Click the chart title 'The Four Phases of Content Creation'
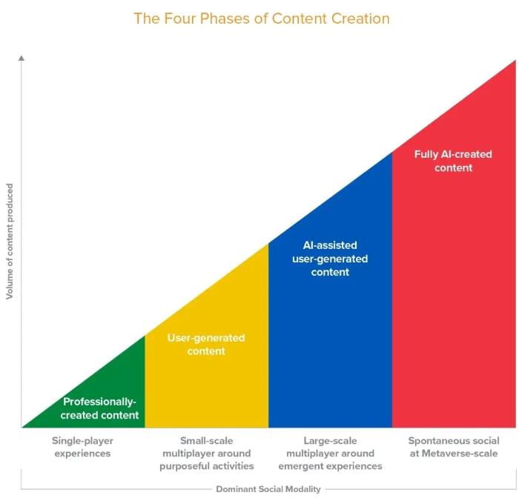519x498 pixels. pyautogui.click(x=261, y=18)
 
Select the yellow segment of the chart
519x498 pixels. pyautogui.click(x=208, y=385)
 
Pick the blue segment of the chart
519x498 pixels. pyautogui.click(x=330, y=348)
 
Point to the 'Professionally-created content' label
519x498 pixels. pyautogui.click(x=100, y=408)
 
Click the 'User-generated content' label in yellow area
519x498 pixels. pyautogui.click(x=206, y=345)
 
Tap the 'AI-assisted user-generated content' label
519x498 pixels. pyautogui.click(x=330, y=258)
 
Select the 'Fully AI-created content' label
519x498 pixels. pyautogui.click(x=453, y=161)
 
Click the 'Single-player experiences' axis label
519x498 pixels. pyautogui.click(x=82, y=447)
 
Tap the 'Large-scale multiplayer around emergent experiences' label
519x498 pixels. pyautogui.click(x=330, y=454)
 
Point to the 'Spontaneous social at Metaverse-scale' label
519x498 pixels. pyautogui.click(x=454, y=447)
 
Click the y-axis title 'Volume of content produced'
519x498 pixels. pyautogui.click(x=10, y=242)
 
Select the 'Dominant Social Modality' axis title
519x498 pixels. pyautogui.click(x=268, y=489)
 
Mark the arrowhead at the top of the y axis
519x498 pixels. pyautogui.click(x=22, y=56)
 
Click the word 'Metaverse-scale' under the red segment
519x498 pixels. pyautogui.click(x=463, y=454)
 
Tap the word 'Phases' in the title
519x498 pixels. pyautogui.click(x=216, y=18)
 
